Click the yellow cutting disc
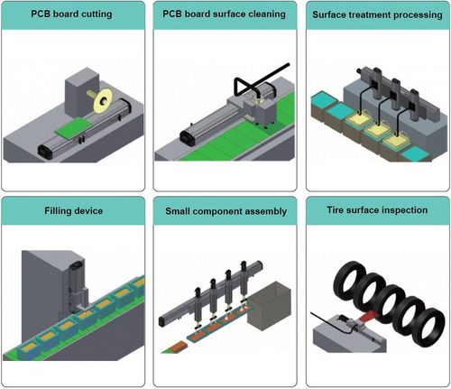[x=103, y=100]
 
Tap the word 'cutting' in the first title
[x=96, y=14]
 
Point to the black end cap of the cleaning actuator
[x=188, y=139]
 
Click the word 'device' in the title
[x=88, y=210]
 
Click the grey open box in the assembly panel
[x=269, y=306]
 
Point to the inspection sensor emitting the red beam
[x=352, y=323]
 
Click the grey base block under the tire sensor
[x=348, y=337]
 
